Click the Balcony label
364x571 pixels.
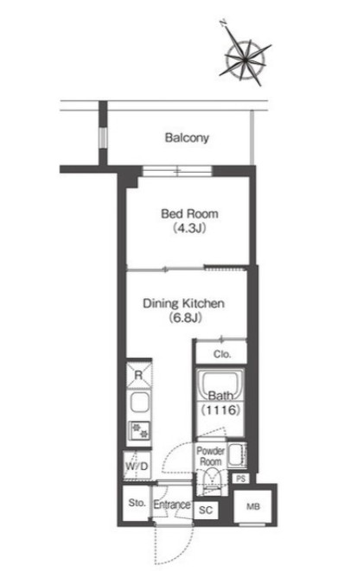click(x=187, y=138)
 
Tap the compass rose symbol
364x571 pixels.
click(x=246, y=59)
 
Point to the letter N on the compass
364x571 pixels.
click(x=223, y=24)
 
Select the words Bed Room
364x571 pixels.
click(x=189, y=213)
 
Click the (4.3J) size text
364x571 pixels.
click(x=189, y=228)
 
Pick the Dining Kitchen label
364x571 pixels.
click(x=183, y=303)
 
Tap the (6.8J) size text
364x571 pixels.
click(x=185, y=318)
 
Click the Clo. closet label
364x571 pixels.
click(x=222, y=354)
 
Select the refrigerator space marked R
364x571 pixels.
click(x=138, y=375)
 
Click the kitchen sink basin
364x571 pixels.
click(x=139, y=403)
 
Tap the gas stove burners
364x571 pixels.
click(x=139, y=431)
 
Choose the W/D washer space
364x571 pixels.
click(x=137, y=466)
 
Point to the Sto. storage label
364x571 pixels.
click(x=137, y=503)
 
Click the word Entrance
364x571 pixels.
click(x=171, y=504)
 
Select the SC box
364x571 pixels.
click(x=206, y=511)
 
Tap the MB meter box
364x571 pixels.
click(x=252, y=506)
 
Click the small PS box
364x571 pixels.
click(x=240, y=479)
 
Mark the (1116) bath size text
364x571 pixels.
click(x=221, y=410)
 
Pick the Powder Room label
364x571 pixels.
click(x=211, y=456)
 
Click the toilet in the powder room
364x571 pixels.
click(x=212, y=480)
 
